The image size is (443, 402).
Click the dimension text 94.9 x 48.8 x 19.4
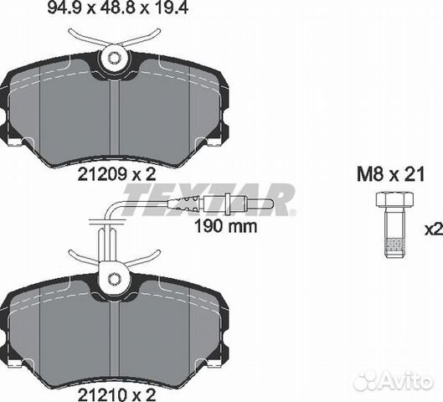coord(117,8)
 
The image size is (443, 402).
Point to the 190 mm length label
coord(226,226)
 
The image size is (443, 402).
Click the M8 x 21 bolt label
coord(391,174)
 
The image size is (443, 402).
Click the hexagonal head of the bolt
coord(394,198)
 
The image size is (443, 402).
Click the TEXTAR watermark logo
coord(209,199)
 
